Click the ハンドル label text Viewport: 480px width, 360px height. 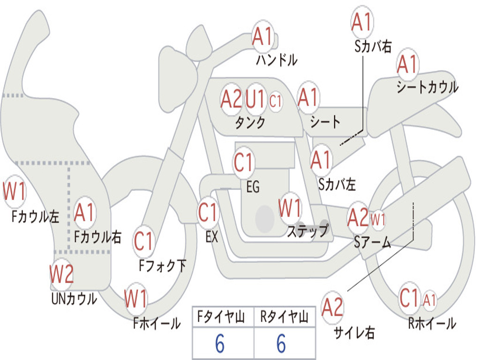277,60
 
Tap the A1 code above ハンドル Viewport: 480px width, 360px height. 262,37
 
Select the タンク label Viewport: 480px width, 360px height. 250,122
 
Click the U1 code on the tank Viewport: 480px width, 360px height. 255,99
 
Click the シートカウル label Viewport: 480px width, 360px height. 427,87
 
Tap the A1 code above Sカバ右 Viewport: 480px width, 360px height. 361,22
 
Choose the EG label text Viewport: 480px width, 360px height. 253,187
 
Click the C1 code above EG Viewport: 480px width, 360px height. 243,162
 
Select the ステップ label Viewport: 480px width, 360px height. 307,231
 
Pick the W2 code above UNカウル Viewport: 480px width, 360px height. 61,274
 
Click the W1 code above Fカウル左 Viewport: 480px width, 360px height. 14,191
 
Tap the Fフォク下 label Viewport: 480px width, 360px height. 162,265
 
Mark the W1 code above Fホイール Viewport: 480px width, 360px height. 135,299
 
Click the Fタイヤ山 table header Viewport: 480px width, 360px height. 221,317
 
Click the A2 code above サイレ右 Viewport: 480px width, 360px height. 332,307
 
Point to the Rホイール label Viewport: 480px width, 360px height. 432,323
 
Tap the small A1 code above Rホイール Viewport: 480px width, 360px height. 429,300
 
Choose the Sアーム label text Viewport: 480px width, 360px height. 373,242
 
